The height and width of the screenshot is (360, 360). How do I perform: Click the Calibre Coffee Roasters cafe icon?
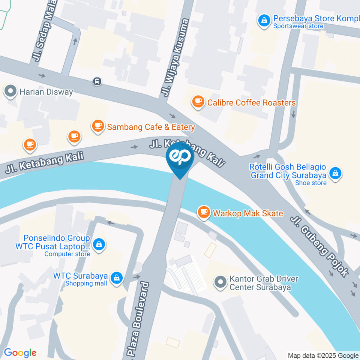click(198, 101)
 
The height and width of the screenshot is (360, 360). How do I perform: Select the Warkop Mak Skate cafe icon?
click(204, 212)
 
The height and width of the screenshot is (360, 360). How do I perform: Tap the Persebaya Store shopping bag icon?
click(264, 21)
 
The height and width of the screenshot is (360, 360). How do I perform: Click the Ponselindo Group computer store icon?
click(98, 245)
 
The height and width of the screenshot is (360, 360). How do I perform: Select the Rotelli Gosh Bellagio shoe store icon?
click(335, 173)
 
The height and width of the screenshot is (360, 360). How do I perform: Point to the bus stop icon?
click(97, 81)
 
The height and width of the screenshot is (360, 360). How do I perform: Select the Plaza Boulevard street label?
click(138, 319)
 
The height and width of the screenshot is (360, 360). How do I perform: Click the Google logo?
click(20, 352)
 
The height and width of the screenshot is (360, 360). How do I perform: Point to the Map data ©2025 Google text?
click(323, 355)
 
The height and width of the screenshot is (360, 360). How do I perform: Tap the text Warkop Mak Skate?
click(248, 214)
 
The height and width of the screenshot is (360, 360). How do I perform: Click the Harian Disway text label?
click(47, 91)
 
